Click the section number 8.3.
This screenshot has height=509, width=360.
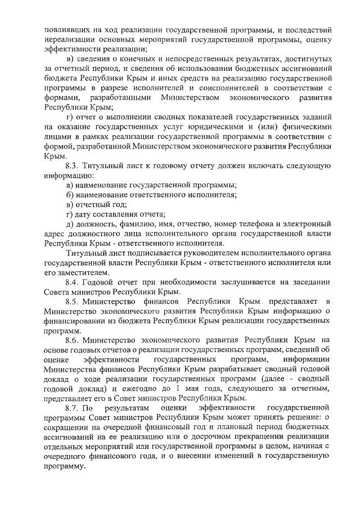point(72,166)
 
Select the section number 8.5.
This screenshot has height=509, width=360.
point(72,302)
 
